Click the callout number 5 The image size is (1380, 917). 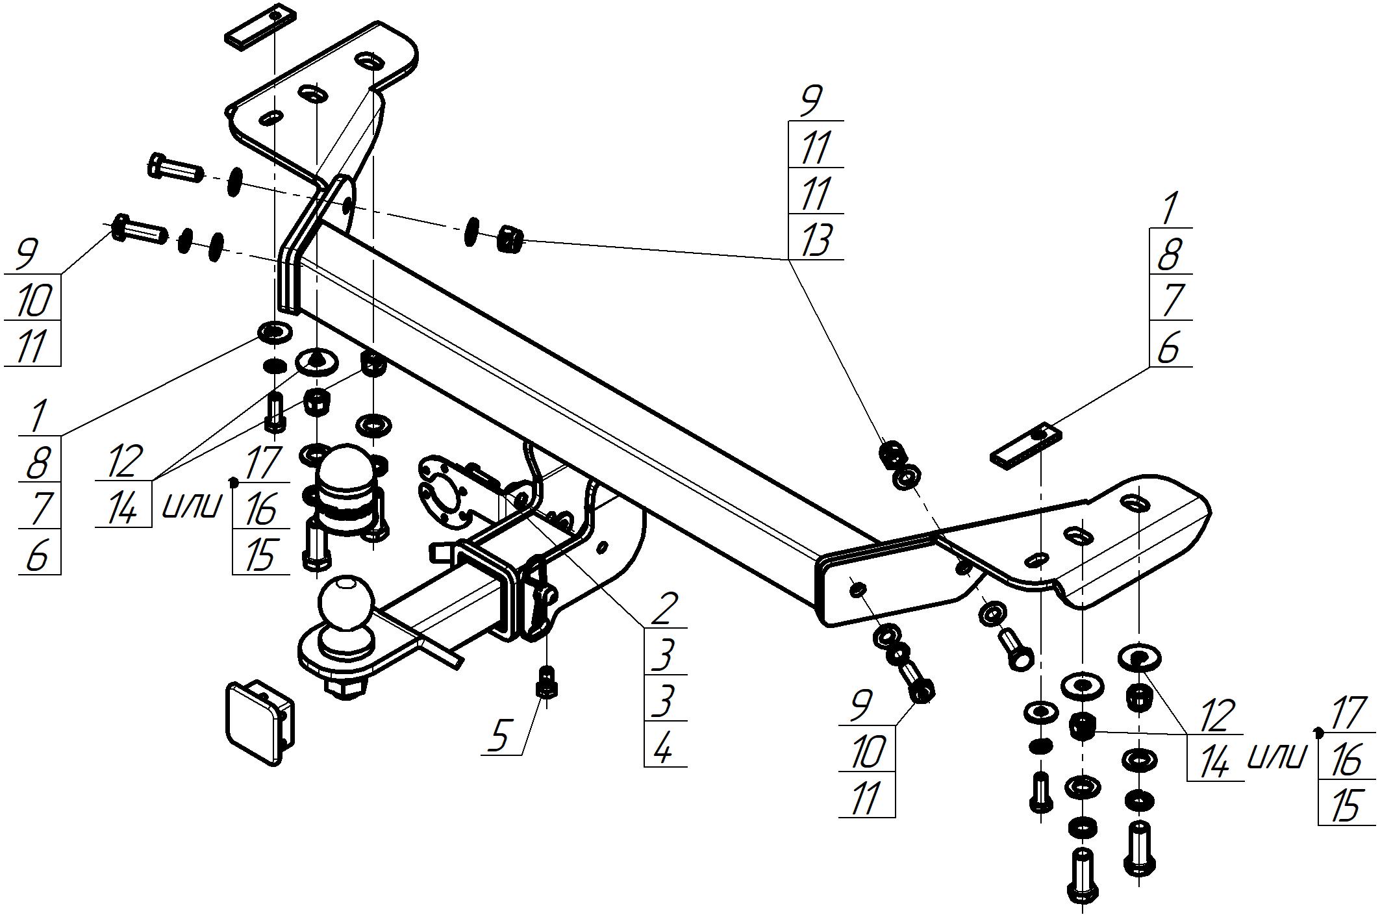[x=499, y=736]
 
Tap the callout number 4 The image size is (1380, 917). [x=662, y=748]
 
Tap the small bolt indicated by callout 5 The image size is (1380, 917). [x=547, y=682]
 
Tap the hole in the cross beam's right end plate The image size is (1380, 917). [x=858, y=589]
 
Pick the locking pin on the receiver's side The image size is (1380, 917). [x=543, y=588]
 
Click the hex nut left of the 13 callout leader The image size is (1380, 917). [x=510, y=239]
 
